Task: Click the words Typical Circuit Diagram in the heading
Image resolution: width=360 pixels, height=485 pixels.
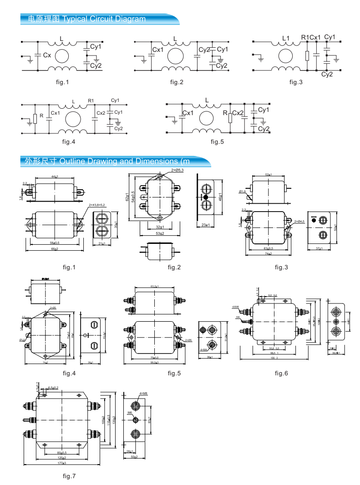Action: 104,19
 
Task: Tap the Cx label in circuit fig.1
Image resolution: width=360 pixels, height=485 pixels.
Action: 46,55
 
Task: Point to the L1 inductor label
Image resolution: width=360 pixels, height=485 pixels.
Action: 286,38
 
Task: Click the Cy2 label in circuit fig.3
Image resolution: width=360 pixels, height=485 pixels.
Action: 327,74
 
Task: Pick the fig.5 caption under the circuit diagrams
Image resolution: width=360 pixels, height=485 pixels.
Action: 218,142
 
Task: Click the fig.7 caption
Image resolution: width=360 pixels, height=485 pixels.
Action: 69,476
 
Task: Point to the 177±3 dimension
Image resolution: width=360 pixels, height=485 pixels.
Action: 61,463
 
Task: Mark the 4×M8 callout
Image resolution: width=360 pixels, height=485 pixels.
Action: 143,393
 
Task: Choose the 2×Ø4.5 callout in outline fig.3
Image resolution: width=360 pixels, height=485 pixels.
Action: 299,222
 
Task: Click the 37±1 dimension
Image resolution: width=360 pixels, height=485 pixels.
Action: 319,248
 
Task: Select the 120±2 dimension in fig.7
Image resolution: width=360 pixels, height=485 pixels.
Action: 61,458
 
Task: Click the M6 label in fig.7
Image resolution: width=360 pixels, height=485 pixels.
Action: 130,413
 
